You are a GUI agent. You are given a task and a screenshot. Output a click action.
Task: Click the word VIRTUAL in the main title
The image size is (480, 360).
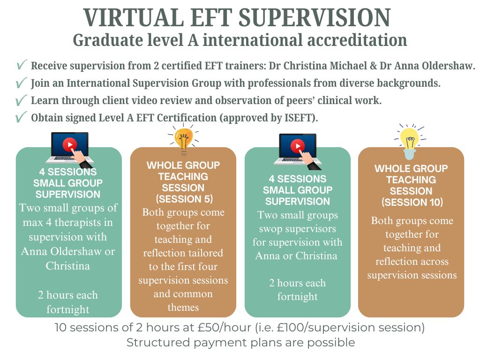coord(134,18)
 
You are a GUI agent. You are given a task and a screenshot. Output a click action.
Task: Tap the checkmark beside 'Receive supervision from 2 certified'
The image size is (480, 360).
coord(22,64)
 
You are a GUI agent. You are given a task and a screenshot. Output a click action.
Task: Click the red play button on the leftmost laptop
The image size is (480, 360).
coord(70,144)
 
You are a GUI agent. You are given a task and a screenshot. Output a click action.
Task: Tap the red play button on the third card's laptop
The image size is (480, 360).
coord(298,146)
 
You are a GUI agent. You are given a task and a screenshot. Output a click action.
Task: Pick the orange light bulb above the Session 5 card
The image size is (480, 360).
coord(183,139)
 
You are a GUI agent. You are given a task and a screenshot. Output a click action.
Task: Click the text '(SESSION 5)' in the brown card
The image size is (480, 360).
coord(184,199)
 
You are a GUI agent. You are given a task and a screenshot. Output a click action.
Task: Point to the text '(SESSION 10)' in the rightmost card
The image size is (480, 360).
coord(412,202)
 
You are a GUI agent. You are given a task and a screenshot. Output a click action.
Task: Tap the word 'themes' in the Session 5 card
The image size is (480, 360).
coord(183,307)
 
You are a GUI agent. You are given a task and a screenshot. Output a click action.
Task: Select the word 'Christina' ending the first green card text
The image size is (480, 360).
coord(67,266)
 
